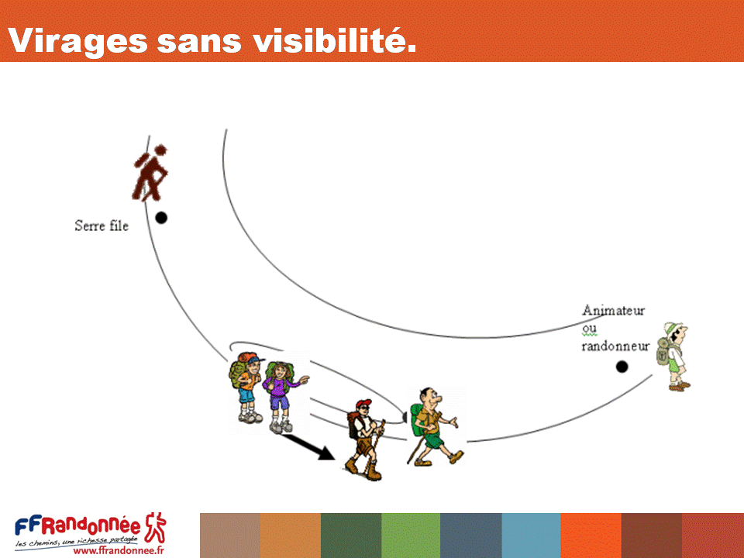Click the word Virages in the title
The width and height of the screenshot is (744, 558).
[78, 42]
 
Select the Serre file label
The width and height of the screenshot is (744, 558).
[102, 226]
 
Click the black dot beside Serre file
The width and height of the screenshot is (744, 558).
[161, 218]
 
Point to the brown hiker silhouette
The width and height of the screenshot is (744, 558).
[150, 172]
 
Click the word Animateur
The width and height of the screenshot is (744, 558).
[614, 310]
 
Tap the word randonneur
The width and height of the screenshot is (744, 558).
[615, 346]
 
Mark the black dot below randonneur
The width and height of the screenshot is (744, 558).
[622, 367]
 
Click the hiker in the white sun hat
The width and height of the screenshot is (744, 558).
[673, 356]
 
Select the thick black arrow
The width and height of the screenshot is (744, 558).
[309, 447]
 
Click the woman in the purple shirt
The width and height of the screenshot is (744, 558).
[283, 397]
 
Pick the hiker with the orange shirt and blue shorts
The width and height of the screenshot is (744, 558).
[246, 387]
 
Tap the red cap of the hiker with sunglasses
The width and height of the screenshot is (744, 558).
[363, 403]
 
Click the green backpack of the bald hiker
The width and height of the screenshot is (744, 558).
[416, 420]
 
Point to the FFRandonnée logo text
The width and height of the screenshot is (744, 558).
[77, 525]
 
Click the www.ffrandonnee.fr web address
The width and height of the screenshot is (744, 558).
[119, 550]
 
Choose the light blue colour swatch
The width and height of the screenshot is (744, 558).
[531, 536]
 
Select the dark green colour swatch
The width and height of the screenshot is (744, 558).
[351, 536]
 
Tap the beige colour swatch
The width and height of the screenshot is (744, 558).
[230, 536]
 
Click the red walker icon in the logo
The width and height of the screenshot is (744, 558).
[156, 527]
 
